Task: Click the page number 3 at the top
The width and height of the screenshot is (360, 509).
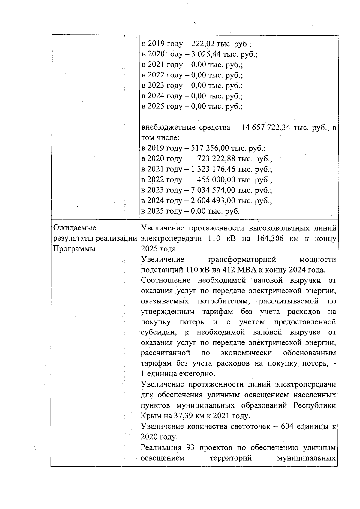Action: coord(195,24)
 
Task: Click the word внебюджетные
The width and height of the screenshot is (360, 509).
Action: coord(169,128)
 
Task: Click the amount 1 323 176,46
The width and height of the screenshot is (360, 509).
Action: coord(215,169)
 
